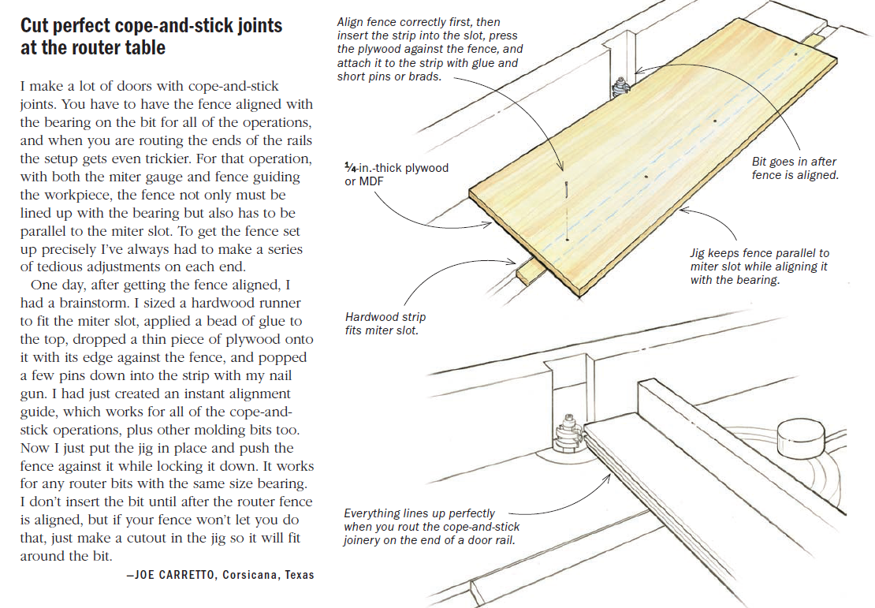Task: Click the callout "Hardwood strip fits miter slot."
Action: point(385,323)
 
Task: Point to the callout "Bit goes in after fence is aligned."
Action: point(795,168)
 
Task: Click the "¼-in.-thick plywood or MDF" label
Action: point(396,174)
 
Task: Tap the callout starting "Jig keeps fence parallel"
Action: point(759,267)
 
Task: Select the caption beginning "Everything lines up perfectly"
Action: point(431,526)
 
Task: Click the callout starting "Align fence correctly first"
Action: point(430,50)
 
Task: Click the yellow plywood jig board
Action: point(654,158)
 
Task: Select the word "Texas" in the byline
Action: point(299,575)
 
